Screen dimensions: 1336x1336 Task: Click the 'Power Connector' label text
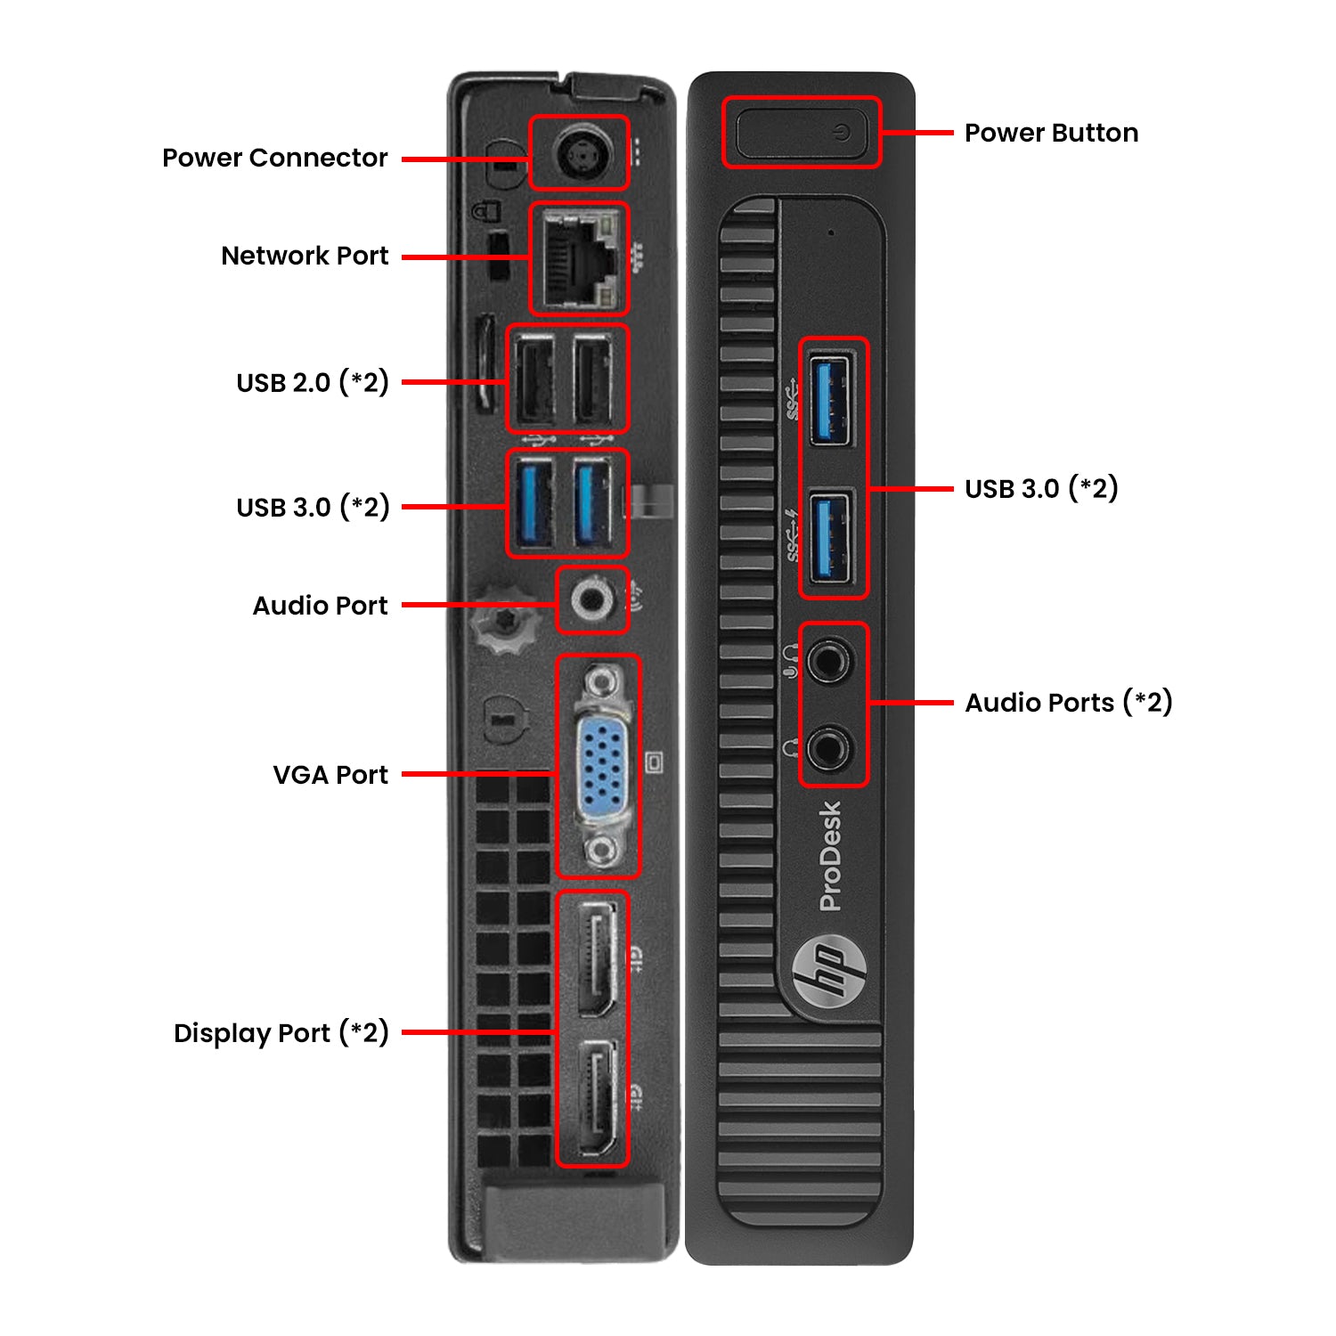(274, 158)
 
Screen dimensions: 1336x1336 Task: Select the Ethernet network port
(578, 257)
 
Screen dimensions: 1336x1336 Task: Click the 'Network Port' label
(305, 256)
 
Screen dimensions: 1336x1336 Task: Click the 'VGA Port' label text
(330, 775)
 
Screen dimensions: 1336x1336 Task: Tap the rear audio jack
(591, 600)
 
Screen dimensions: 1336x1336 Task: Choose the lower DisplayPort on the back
(594, 1097)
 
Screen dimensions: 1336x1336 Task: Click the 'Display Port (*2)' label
(281, 1033)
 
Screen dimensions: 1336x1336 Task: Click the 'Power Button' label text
(1051, 133)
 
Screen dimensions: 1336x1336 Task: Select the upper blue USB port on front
(831, 399)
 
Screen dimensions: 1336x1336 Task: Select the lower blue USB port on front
(831, 538)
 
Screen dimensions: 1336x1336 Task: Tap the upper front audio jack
(829, 660)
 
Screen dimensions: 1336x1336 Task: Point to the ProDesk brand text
(830, 856)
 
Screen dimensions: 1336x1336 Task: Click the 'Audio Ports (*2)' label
(1069, 703)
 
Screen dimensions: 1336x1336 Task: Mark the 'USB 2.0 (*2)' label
(313, 382)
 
